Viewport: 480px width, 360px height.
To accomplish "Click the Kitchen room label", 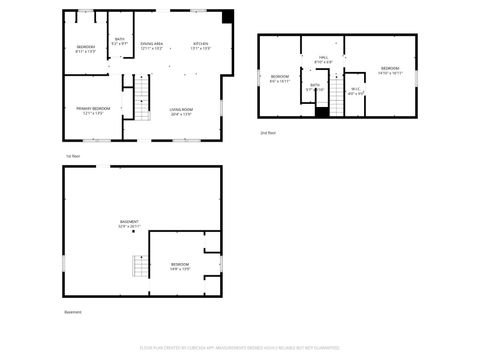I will tap(201, 45).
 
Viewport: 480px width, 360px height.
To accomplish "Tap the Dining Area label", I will tap(152, 45).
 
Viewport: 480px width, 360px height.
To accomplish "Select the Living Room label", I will tap(180, 110).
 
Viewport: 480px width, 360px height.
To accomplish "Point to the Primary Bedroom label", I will tap(93, 110).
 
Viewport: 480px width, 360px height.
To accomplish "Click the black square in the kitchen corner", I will tap(228, 16).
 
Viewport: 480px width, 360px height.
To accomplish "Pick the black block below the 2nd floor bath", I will tap(321, 110).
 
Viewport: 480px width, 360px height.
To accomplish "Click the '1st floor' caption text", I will tap(72, 156).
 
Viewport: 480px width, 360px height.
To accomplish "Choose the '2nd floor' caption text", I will tap(267, 132).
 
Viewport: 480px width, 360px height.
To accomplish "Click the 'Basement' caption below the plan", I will tap(73, 312).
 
